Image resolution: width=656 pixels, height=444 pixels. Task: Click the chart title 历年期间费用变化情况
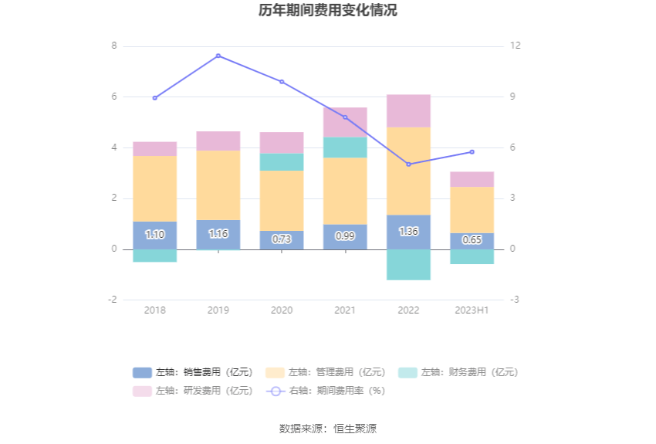[328, 11]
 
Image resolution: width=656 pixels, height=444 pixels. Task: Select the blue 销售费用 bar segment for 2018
[154, 236]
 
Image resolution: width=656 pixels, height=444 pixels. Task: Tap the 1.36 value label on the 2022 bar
[408, 232]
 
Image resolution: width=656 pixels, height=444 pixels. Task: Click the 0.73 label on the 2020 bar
[282, 239]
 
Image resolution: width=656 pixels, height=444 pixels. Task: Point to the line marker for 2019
[218, 56]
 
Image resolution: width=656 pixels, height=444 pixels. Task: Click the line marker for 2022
[408, 164]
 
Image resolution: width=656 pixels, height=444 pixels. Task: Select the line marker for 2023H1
[472, 151]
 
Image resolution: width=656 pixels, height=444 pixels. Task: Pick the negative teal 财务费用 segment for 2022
[408, 264]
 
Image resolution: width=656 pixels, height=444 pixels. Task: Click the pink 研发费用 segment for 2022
[408, 111]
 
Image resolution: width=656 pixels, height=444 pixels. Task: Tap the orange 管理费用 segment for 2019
[218, 185]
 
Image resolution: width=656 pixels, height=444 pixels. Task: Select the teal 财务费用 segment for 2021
[345, 147]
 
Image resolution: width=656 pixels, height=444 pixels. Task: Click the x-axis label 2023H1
[472, 310]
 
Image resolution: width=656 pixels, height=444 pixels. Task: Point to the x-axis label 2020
[282, 310]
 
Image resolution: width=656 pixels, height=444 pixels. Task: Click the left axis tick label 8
[114, 46]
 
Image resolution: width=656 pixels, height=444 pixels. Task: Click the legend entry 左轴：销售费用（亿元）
[193, 372]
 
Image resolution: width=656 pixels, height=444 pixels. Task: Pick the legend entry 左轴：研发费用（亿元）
[193, 391]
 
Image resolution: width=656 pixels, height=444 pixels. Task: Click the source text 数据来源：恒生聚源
[328, 429]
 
